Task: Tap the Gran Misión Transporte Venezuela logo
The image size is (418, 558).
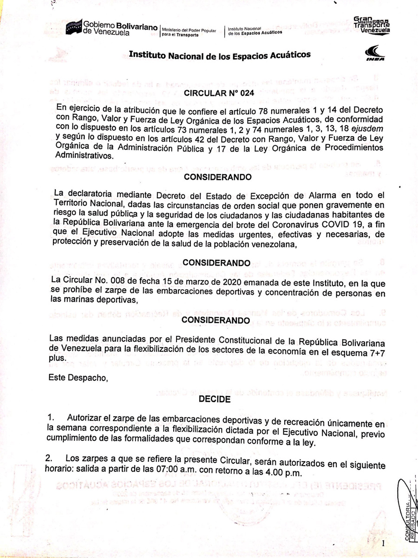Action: (x=372, y=25)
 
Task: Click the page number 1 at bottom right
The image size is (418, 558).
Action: (x=383, y=543)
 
